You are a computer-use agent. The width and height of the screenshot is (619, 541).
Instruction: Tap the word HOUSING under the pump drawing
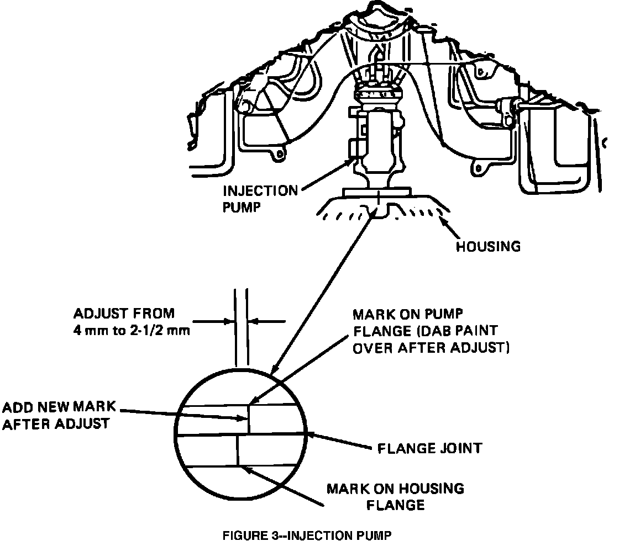(488, 247)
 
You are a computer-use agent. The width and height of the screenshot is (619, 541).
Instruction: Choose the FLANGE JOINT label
(429, 448)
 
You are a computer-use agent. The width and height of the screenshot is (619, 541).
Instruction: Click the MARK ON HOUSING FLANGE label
(395, 496)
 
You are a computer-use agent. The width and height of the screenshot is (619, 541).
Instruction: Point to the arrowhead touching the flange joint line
(313, 435)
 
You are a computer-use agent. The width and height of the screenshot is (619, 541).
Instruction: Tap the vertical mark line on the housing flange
(238, 450)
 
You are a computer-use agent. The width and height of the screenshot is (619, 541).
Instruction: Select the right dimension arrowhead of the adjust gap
(250, 321)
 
